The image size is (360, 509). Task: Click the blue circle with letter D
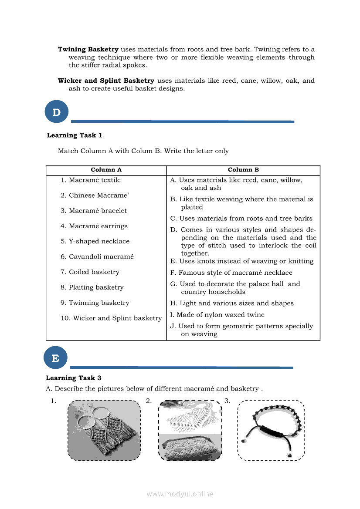pos(57,112)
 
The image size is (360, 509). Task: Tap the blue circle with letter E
pos(55,358)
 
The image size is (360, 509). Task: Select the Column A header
pos(106,170)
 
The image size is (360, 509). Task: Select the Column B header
pos(243,170)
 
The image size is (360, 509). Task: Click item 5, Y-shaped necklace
pos(95,241)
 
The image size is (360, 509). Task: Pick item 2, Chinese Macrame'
pos(95,196)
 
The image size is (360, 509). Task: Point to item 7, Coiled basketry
pos(90,272)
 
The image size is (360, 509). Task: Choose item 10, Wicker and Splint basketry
pos(111,318)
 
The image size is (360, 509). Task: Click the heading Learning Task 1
pos(75,135)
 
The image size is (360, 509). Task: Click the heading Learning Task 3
pos(74,378)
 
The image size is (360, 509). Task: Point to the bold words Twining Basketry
pos(88,50)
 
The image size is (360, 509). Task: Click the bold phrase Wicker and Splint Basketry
pos(106,81)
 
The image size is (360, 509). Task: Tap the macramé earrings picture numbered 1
pos(104,430)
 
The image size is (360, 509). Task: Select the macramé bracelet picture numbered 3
pos(271,430)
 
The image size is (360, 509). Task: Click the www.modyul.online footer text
pos(180,494)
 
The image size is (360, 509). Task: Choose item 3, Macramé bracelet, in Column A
pos(94,211)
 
